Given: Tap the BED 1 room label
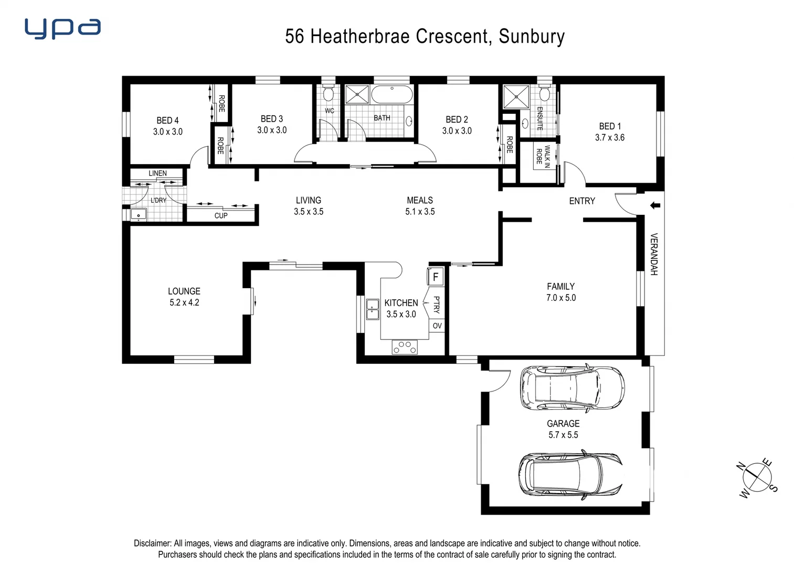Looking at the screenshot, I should coord(610,126).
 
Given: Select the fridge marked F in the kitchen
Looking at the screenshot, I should coord(435,277).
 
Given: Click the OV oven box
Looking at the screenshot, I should coord(437,326).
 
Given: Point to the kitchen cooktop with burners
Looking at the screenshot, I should coord(405,347).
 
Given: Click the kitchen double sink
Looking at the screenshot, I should coord(373,309).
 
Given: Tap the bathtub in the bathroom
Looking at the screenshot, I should coord(391,95).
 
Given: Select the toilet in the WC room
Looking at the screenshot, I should coord(329,94).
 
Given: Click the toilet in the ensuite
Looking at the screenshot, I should coord(544,94).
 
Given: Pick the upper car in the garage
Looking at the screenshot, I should coord(572,388).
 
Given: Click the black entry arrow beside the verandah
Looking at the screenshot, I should coord(655,205).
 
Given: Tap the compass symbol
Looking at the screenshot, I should coord(757,478).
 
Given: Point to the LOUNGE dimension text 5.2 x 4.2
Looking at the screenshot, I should coord(184,302).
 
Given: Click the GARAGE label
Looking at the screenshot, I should coord(563,423).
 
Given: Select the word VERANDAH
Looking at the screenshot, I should coord(654,254).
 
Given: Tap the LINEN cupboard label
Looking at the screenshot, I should coord(157,173).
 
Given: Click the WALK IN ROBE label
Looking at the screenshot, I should coord(543,156).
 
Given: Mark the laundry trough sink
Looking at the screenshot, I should coord(139,214).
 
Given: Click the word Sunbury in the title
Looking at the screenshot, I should coord(532,36).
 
